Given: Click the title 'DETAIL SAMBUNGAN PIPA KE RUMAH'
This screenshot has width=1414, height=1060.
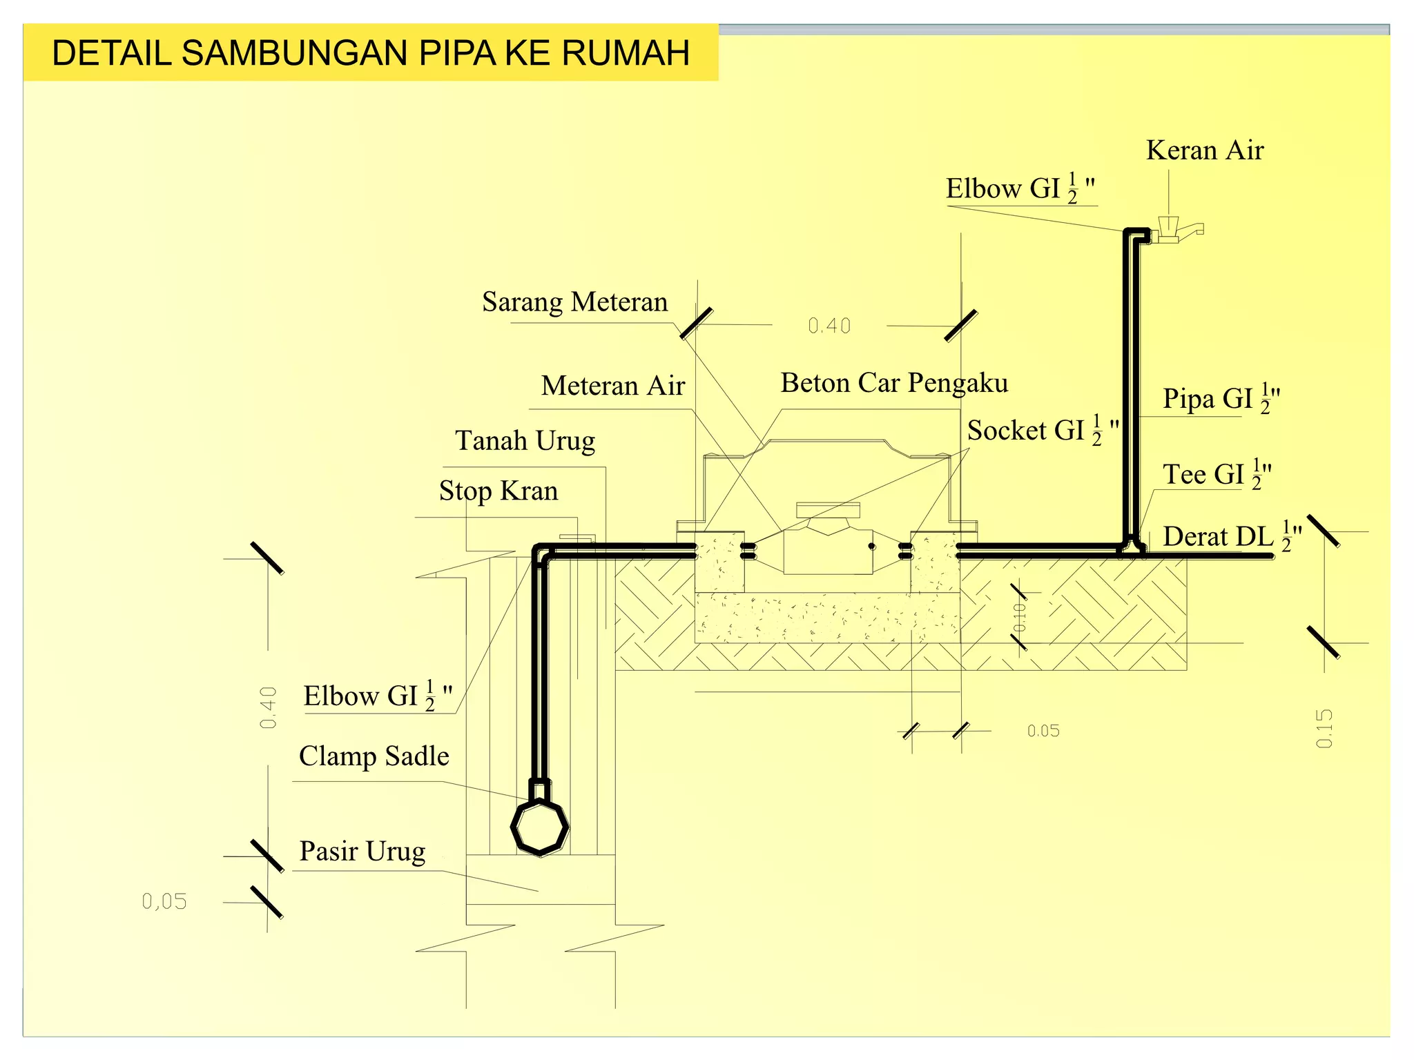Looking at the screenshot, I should (371, 53).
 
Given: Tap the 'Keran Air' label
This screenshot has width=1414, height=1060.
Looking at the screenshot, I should (1204, 150).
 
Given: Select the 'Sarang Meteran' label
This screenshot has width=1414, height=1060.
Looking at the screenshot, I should (574, 302).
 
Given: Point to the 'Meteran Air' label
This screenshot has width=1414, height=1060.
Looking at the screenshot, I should (612, 386).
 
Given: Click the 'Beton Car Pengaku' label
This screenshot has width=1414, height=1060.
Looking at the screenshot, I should (893, 383).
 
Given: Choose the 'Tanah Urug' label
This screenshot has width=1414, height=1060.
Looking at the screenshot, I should (525, 441).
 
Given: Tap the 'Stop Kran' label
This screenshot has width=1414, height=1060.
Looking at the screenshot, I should (498, 491).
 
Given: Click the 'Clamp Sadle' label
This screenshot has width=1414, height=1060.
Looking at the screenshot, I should (374, 756).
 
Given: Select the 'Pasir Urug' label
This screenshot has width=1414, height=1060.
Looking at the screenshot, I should (362, 852).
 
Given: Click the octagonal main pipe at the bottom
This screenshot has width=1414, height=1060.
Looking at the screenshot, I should (539, 827).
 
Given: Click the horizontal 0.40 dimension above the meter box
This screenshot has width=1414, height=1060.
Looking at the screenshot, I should (829, 326).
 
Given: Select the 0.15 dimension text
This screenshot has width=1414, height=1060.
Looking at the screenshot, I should (1324, 728).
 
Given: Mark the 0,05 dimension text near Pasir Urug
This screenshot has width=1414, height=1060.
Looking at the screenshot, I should (164, 901).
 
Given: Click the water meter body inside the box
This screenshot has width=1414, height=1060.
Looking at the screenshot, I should (828, 549).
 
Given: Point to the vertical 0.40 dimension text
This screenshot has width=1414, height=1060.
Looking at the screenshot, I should (268, 707).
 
